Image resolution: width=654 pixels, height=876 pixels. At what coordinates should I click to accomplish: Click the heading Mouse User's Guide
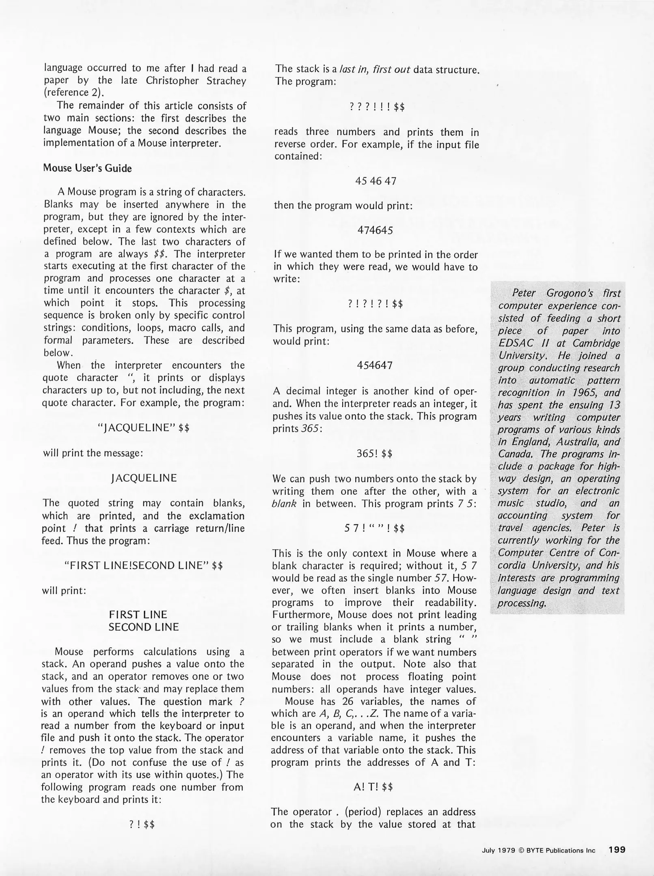pos(87,168)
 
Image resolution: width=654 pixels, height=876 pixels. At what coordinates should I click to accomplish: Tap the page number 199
pos(617,849)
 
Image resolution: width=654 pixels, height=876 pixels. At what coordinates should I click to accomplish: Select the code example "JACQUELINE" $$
pos(144,428)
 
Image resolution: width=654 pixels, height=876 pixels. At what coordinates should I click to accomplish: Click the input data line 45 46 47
pos(376,181)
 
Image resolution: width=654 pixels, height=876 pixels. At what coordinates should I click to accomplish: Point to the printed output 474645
pos(375,230)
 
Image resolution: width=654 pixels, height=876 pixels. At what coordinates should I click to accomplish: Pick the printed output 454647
pos(375,365)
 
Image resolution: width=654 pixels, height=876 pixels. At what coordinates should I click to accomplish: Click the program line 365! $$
pos(374,453)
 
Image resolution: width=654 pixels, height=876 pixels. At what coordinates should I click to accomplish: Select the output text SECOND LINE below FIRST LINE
pos(143,627)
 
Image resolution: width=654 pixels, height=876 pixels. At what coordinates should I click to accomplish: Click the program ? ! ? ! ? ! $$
pos(375,304)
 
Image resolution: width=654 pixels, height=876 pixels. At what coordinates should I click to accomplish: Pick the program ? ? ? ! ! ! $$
pos(376,107)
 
